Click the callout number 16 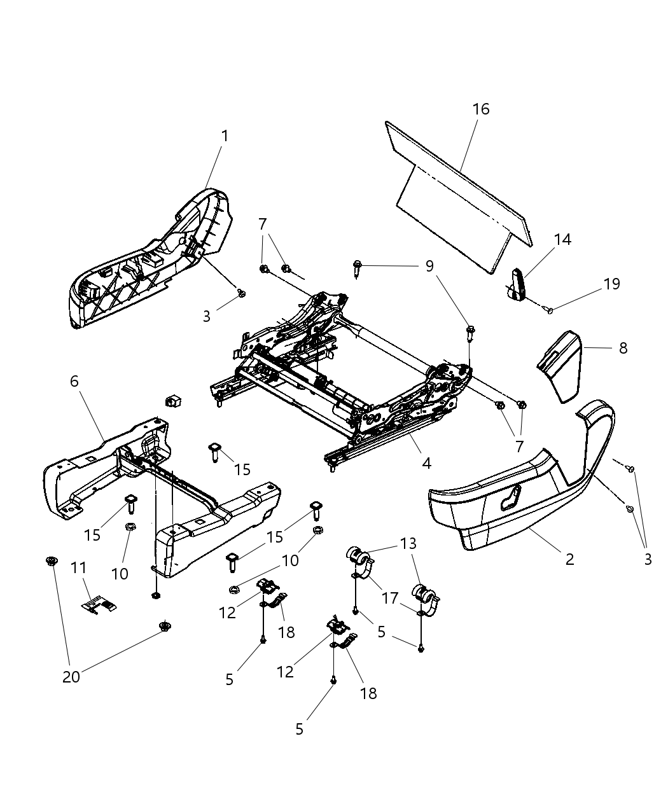coord(481,109)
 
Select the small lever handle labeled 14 coord(518,284)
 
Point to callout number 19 coord(611,284)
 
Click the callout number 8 coord(623,348)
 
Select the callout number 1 coord(224,135)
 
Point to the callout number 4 coord(426,464)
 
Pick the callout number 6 coord(74,381)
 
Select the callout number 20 coord(71,677)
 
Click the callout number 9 coord(429,265)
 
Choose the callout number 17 coord(389,598)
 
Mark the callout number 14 coord(562,239)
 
